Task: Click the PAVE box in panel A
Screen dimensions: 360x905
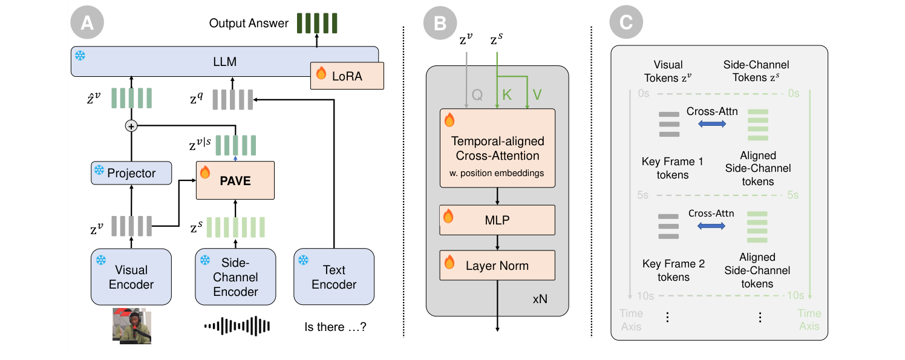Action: pos(235,180)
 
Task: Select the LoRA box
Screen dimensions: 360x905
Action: pos(347,75)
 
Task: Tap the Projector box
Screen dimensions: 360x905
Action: pos(131,174)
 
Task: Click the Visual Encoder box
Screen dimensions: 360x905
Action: pos(131,277)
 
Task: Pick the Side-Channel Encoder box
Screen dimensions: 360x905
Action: pos(235,277)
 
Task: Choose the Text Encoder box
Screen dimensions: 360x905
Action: pos(334,277)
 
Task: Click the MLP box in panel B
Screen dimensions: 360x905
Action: pos(497,220)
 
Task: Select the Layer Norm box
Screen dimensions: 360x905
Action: pos(497,266)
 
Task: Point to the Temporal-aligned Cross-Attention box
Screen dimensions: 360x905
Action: pos(497,148)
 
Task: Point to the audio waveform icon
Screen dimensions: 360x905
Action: pos(236,327)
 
